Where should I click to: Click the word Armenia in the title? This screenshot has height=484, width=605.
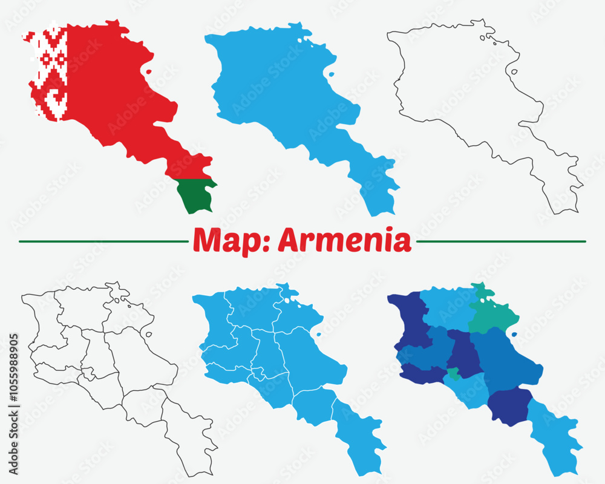coord(344,241)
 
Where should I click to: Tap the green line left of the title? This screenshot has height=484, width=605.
coord(103,241)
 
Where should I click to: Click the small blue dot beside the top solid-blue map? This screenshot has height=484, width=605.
coord(331,75)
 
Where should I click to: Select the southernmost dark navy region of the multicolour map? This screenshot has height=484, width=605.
coord(509,405)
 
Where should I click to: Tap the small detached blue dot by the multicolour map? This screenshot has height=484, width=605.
coord(514,334)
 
